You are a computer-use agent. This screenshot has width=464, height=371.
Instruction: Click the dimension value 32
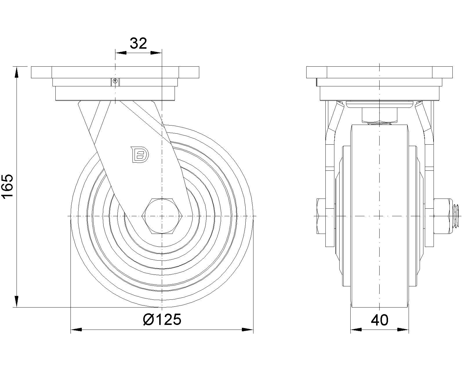138,43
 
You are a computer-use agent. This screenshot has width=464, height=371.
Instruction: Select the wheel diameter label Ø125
162,319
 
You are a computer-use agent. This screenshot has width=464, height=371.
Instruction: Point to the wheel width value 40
380,320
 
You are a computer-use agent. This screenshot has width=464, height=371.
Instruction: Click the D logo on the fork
139,154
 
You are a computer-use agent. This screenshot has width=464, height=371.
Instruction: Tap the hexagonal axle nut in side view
162,216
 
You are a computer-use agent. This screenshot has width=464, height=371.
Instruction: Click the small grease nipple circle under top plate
115,81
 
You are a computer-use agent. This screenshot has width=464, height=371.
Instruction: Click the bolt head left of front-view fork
321,216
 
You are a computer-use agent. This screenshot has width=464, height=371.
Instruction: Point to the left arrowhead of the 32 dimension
121,52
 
